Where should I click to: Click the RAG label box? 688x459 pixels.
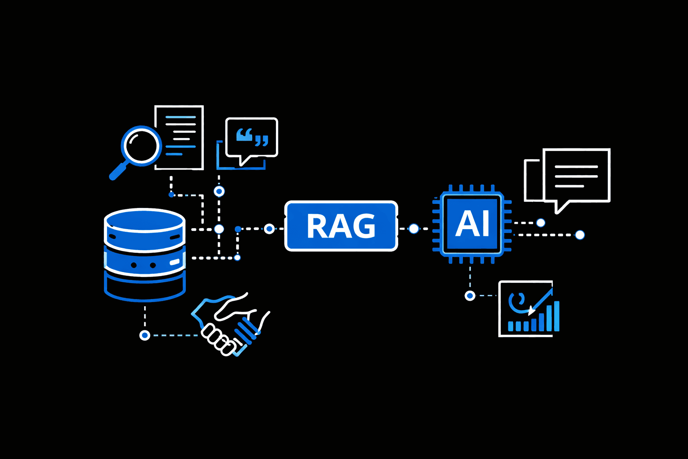[341, 226]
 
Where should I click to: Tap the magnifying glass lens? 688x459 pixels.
[141, 146]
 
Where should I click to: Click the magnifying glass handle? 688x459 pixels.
[117, 172]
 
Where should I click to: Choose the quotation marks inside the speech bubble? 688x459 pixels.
[252, 137]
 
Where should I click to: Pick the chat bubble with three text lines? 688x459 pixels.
[576, 176]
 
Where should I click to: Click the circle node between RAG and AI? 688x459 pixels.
[414, 229]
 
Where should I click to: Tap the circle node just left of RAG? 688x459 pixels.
[269, 229]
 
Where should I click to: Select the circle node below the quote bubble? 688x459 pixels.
[219, 191]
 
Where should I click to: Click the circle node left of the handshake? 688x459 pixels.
[145, 335]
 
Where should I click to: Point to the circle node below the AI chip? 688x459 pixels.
[470, 296]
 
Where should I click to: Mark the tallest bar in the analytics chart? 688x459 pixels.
[556, 316]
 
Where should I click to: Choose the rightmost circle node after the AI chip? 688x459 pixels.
[580, 235]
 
